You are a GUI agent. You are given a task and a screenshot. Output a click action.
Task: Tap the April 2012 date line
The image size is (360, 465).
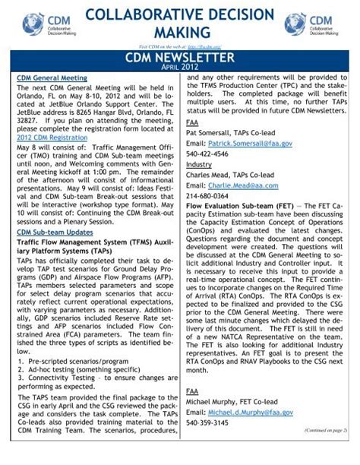pos(180,68)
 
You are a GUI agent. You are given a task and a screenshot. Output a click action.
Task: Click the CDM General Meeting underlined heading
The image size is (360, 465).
pos(52,78)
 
